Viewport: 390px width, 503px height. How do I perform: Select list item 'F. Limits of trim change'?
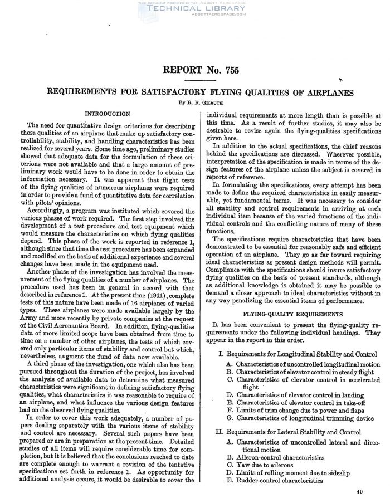287,409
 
